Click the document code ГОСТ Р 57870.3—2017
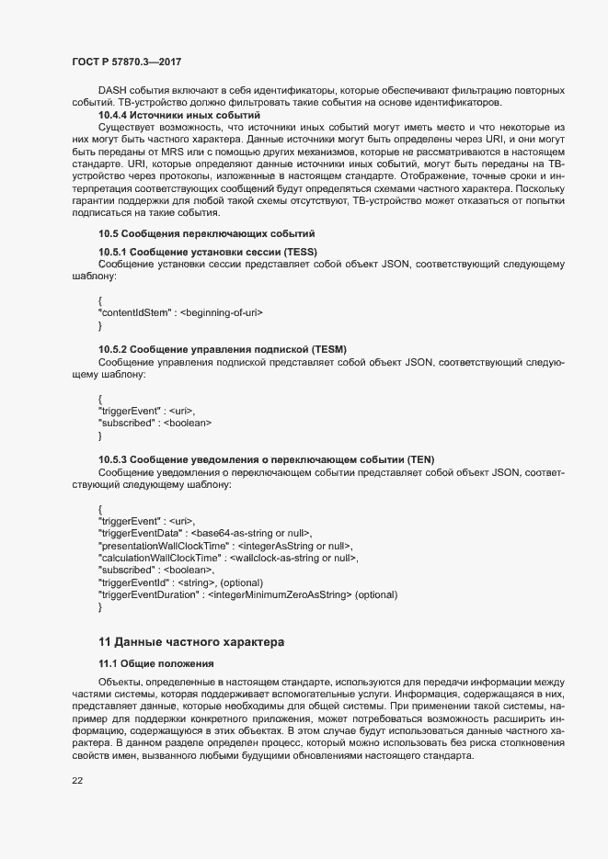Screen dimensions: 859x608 coord(125,61)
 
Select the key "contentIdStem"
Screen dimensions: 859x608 coord(134,312)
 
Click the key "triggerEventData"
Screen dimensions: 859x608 coord(142,533)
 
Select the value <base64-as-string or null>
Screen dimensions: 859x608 coord(251,533)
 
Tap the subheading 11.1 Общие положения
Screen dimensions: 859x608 coord(155,663)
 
